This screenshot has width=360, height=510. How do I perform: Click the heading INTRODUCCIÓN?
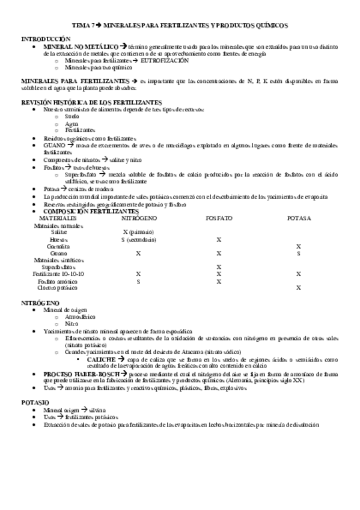41,38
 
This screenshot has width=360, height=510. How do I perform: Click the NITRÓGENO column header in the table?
139,218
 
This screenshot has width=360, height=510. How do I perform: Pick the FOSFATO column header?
219,218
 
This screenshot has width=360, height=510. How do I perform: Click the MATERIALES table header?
59,218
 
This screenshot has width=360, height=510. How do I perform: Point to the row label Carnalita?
59,246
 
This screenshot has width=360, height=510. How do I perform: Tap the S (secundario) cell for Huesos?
139,239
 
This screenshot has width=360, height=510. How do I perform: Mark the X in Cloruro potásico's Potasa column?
298,288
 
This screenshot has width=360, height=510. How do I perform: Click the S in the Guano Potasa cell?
298,253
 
